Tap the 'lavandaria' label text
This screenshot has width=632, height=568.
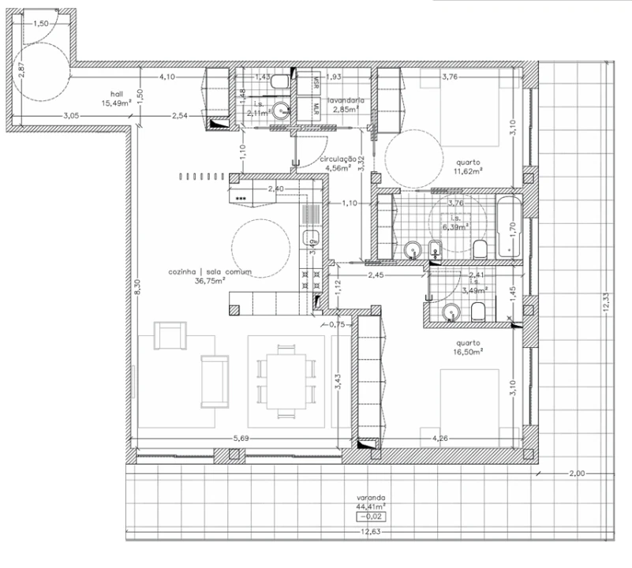tap(347, 101)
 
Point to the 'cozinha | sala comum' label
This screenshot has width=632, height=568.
tap(209, 271)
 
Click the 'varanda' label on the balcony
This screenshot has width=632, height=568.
tap(369, 498)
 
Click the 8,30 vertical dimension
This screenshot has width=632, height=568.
tap(137, 289)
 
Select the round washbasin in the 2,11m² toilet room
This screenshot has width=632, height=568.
tap(279, 110)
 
